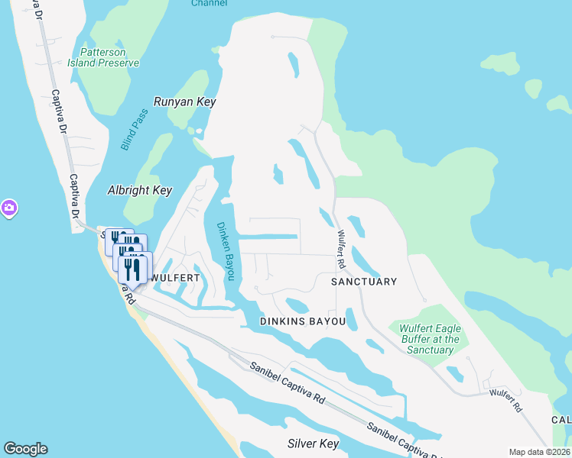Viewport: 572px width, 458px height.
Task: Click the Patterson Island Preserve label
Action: (x=107, y=57)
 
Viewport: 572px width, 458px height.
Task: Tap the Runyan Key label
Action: (x=184, y=102)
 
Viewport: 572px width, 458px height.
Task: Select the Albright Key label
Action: (x=139, y=190)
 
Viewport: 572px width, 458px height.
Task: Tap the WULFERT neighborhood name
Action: (x=175, y=278)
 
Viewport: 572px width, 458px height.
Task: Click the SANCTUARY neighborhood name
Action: (x=363, y=282)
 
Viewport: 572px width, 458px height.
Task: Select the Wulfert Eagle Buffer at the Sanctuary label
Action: (x=430, y=339)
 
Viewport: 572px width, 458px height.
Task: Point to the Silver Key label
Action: (x=313, y=443)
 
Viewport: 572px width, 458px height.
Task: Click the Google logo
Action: (x=25, y=449)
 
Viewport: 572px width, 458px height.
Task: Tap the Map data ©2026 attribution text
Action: (x=538, y=452)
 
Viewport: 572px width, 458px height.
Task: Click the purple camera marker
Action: (x=8, y=208)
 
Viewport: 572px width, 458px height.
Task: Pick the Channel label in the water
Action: (x=209, y=3)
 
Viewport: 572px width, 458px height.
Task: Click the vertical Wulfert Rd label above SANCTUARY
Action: (x=340, y=250)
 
